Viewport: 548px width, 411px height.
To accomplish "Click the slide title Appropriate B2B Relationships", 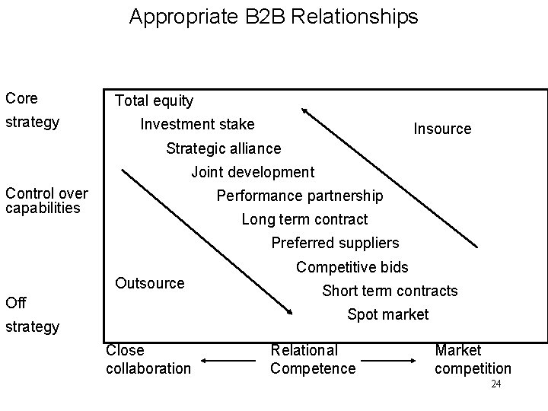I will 273,17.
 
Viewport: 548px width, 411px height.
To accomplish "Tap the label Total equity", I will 154,100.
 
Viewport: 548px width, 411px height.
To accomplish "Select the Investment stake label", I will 198,124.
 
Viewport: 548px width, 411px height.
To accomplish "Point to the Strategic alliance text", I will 223,148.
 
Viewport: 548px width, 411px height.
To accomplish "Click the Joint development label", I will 252,172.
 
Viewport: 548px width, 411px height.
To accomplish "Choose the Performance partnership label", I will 300,196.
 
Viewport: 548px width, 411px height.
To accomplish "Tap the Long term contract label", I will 304,219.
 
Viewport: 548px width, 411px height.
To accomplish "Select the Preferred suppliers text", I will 335,244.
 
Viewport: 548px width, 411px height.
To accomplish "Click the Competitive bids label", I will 352,267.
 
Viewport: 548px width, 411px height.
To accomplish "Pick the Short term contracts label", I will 390,291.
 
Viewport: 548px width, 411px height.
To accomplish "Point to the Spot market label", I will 387,314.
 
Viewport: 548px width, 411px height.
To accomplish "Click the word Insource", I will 442,129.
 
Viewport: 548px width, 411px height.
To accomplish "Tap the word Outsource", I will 149,283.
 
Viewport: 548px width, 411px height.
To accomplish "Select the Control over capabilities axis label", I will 46,201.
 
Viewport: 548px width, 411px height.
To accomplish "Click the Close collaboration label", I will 148,359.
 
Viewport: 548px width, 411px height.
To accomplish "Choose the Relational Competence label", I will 313,359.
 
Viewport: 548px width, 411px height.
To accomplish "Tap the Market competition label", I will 473,359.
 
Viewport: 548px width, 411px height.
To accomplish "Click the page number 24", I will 495,385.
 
